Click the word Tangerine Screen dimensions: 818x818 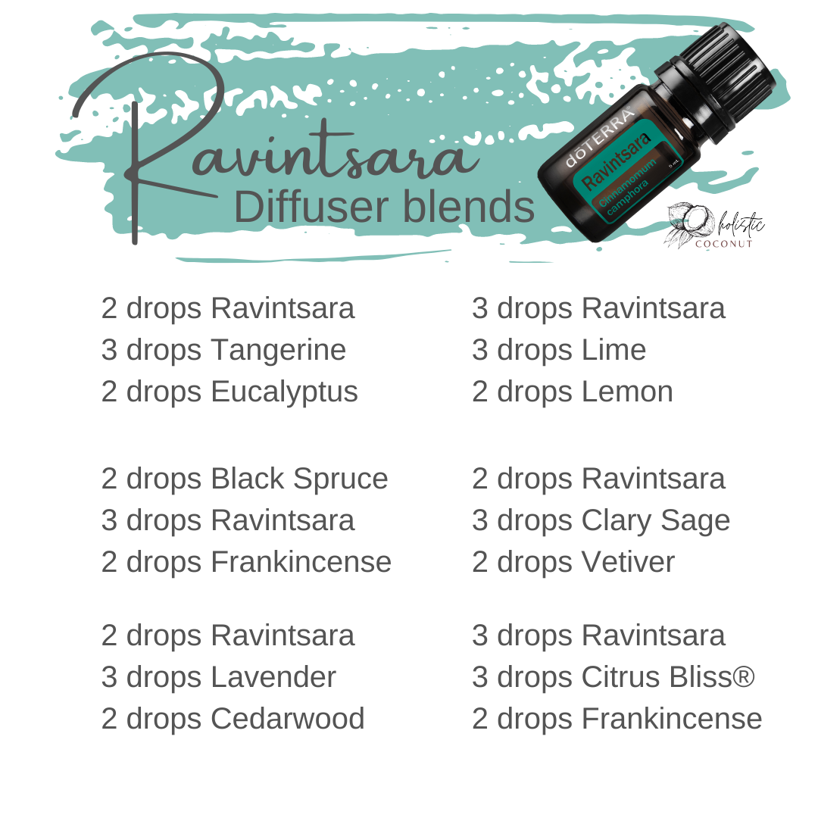click(x=278, y=351)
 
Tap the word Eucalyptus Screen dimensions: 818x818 click(x=284, y=392)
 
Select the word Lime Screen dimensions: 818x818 click(x=613, y=351)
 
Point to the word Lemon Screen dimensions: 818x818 click(x=627, y=392)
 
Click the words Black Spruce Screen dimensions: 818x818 click(x=299, y=479)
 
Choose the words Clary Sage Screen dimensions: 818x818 click(x=655, y=521)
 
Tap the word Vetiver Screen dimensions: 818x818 click(x=628, y=563)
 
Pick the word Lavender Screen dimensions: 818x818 click(x=273, y=677)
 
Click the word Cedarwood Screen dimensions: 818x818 click(x=288, y=719)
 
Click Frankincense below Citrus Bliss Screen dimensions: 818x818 click(x=671, y=719)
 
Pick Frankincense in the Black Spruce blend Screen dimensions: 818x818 click(x=301, y=563)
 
